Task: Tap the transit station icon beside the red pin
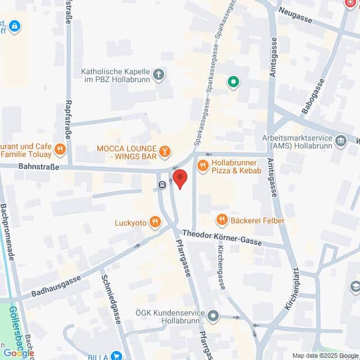(x=163, y=184)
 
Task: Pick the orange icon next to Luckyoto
(x=155, y=223)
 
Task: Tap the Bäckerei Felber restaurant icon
(x=222, y=220)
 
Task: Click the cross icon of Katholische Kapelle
(x=159, y=74)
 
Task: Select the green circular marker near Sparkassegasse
(x=233, y=83)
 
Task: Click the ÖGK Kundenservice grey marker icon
(x=213, y=316)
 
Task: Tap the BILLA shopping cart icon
(x=116, y=355)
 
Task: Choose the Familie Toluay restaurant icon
(x=60, y=149)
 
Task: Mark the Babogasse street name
(x=313, y=96)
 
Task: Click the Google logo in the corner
(x=18, y=353)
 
